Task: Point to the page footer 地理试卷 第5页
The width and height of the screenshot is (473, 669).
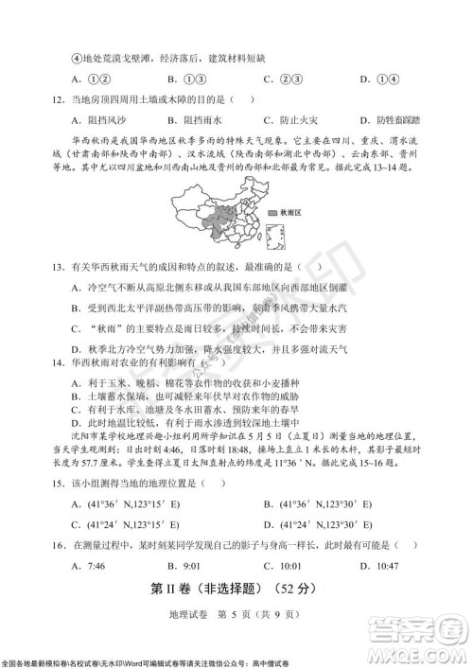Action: click(x=236, y=617)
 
